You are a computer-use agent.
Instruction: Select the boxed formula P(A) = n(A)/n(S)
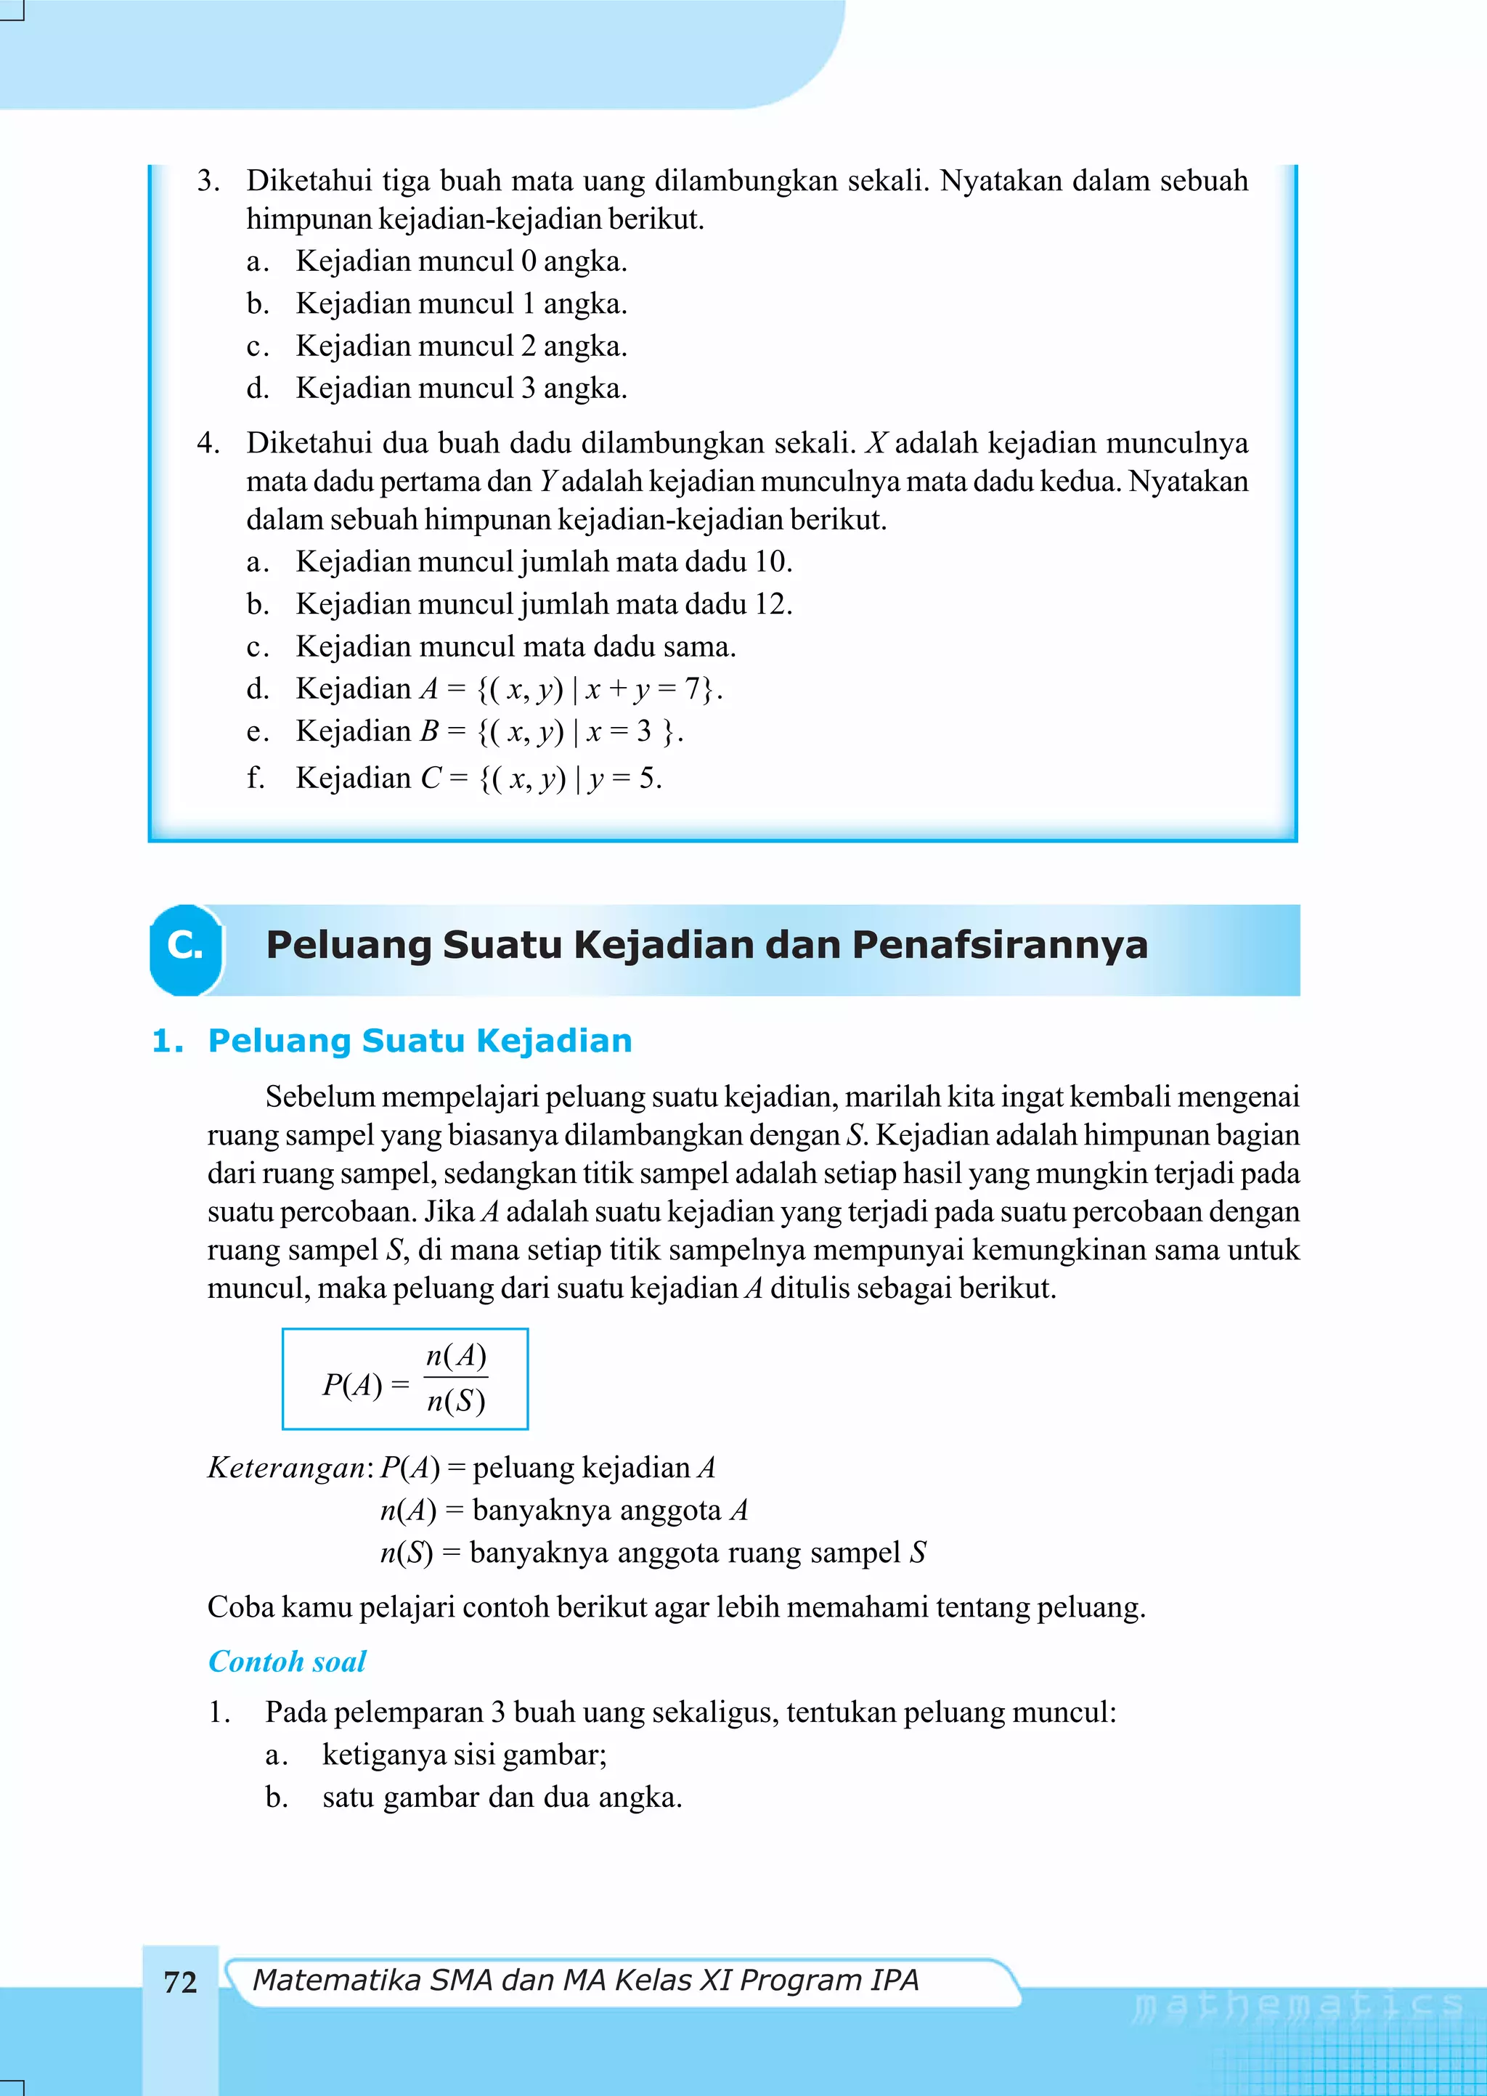(404, 1378)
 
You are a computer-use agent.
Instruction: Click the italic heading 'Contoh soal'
(287, 1661)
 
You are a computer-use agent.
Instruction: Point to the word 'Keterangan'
(287, 1468)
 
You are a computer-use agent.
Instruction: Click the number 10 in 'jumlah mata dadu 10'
(771, 561)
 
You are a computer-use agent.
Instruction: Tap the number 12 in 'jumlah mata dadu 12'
(771, 604)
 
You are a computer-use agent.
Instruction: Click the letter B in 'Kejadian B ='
(428, 731)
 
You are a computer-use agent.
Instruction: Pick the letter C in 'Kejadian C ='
(431, 779)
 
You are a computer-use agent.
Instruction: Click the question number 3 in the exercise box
(207, 180)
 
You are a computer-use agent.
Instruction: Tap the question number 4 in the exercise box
(207, 443)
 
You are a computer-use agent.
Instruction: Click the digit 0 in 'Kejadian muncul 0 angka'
(529, 262)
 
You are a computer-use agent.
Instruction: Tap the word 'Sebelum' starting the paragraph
(319, 1096)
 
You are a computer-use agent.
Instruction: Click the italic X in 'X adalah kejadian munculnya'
(876, 443)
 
